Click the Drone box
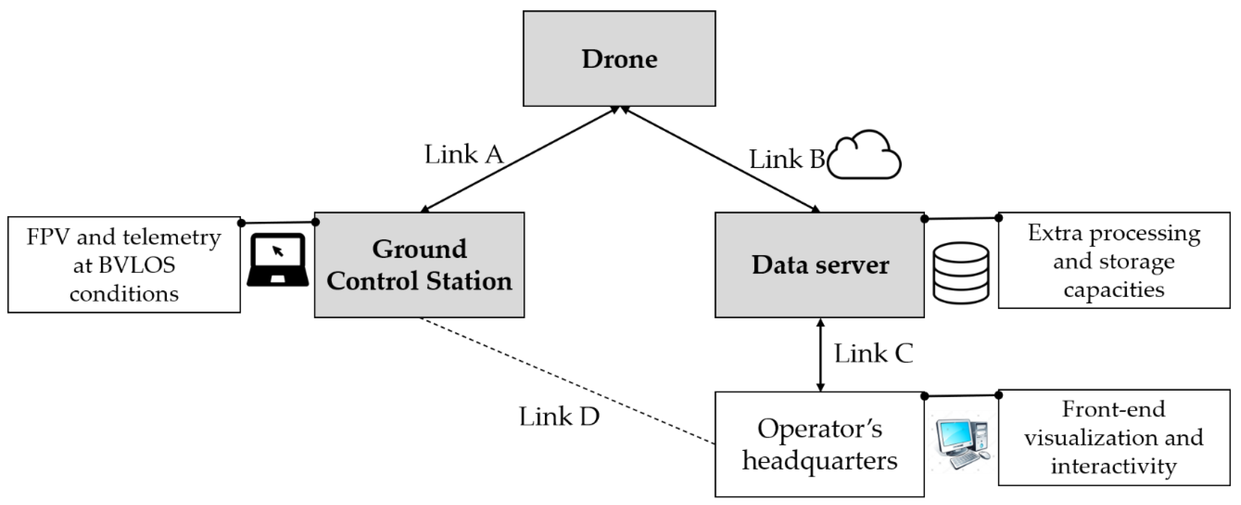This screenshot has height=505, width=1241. (x=619, y=59)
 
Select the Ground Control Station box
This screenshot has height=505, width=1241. (x=419, y=265)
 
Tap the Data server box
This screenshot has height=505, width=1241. (x=820, y=265)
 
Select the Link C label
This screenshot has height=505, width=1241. (x=873, y=354)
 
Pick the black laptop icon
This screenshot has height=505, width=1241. (x=278, y=260)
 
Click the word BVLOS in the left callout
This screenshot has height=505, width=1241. (x=124, y=265)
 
